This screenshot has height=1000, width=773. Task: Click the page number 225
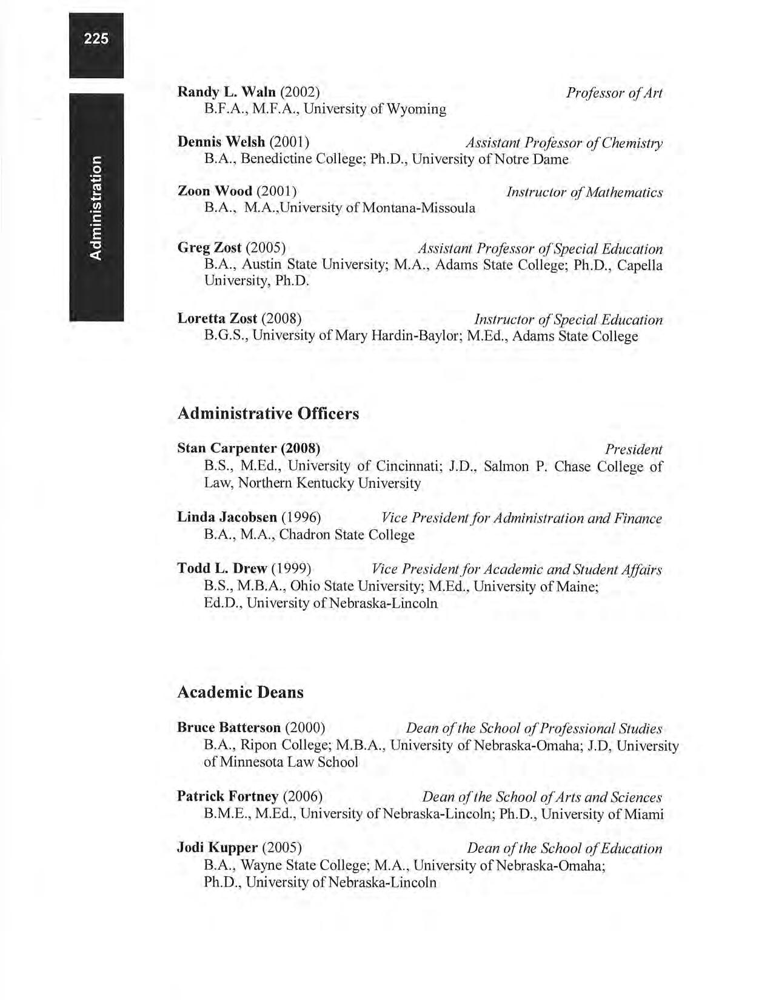(96, 39)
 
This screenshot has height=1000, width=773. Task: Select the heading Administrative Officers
(268, 414)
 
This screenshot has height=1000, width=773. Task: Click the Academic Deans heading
(240, 692)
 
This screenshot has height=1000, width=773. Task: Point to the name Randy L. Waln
(226, 92)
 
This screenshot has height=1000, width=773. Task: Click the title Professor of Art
(614, 93)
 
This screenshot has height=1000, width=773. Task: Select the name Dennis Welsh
(221, 142)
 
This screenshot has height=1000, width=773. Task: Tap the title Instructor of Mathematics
(584, 193)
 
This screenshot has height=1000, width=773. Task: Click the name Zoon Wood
(215, 192)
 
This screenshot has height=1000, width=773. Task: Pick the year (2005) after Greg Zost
(266, 248)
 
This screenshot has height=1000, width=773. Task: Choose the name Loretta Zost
(218, 319)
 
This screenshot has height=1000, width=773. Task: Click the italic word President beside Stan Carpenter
(634, 450)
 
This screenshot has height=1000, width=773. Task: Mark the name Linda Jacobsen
(227, 518)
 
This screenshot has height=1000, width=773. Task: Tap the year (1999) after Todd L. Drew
(291, 569)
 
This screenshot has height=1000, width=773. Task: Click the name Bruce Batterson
(229, 727)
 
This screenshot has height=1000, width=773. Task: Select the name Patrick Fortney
(227, 796)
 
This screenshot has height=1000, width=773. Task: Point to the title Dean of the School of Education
(564, 848)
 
